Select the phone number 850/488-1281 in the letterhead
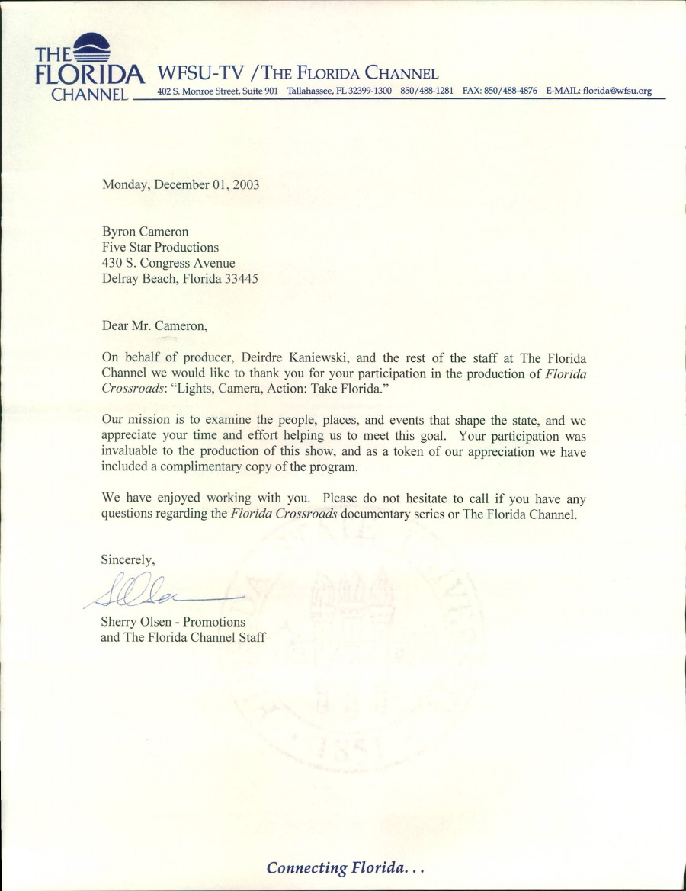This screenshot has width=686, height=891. coord(427,91)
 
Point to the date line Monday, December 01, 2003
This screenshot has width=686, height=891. coord(181,184)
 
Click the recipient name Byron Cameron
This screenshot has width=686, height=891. coord(145,232)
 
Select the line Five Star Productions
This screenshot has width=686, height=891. coord(160,247)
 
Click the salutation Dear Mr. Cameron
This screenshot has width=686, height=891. coord(154,325)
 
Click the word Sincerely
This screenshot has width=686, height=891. coord(128,559)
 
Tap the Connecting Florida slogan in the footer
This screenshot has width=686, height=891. coord(345,867)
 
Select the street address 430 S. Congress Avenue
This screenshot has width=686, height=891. coord(168,263)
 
